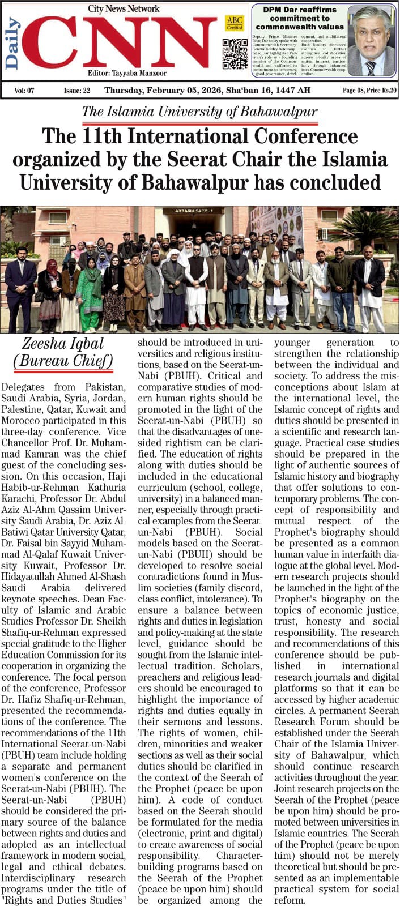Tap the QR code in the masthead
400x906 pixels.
pyautogui.click(x=235, y=54)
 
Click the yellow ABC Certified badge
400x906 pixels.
pyautogui.click(x=234, y=23)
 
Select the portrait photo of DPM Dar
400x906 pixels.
pyautogui.click(x=371, y=41)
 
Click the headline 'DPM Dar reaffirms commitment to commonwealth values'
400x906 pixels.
pyautogui.click(x=299, y=18)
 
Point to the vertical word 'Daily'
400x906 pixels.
pyautogui.click(x=12, y=42)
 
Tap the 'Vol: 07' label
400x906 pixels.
pyautogui.click(x=24, y=91)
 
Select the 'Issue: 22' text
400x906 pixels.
pyautogui.click(x=77, y=91)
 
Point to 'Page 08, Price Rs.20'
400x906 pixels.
pyautogui.click(x=369, y=91)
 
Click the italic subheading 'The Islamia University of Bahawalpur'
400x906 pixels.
pyautogui.click(x=199, y=112)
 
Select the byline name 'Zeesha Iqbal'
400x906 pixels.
pyautogui.click(x=63, y=344)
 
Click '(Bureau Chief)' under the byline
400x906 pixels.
pyautogui.click(x=63, y=361)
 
